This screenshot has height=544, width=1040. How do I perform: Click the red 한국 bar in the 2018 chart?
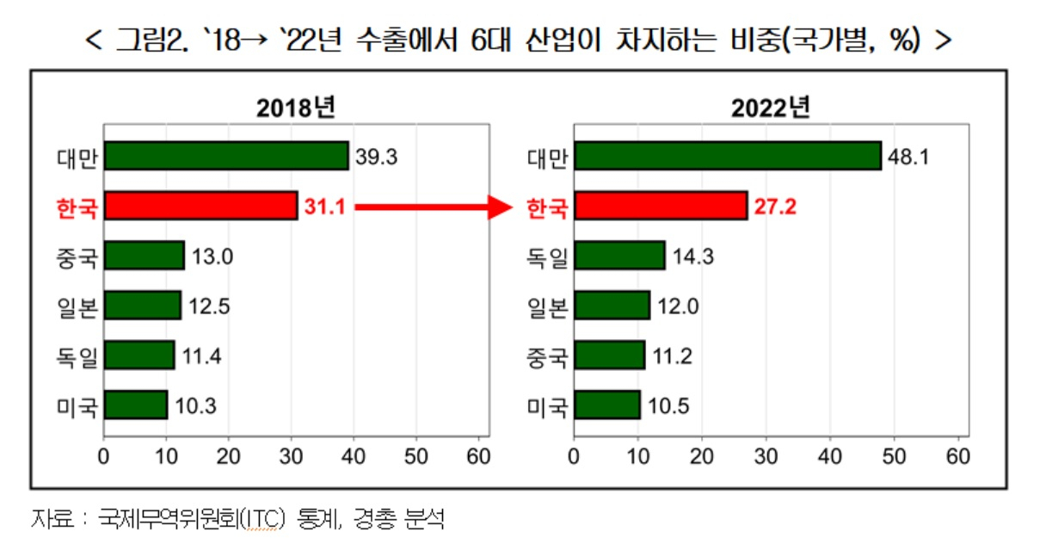(x=200, y=206)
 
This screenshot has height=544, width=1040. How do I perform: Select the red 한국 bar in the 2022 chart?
(x=661, y=206)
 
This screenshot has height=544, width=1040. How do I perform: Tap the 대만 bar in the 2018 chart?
(x=226, y=156)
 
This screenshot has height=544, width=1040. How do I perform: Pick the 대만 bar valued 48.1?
(x=728, y=156)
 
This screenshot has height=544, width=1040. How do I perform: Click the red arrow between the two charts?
(x=434, y=207)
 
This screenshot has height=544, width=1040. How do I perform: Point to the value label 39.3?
(x=377, y=157)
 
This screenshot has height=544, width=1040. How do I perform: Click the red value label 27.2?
(x=775, y=207)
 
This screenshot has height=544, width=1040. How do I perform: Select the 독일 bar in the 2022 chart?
(x=619, y=255)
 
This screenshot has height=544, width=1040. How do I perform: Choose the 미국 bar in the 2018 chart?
(x=136, y=405)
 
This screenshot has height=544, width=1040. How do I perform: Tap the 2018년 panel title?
(x=296, y=108)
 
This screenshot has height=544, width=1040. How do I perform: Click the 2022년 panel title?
(x=771, y=108)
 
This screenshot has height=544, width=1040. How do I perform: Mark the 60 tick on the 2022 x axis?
(x=957, y=457)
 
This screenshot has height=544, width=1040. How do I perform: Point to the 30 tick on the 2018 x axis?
(x=291, y=457)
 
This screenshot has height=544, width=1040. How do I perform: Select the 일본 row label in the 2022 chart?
(x=547, y=307)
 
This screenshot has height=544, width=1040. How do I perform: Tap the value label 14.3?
(x=693, y=257)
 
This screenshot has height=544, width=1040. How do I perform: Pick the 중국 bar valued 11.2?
(x=609, y=355)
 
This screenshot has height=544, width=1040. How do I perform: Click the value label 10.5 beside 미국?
(x=668, y=406)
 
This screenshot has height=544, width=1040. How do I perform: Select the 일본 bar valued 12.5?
(x=143, y=305)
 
